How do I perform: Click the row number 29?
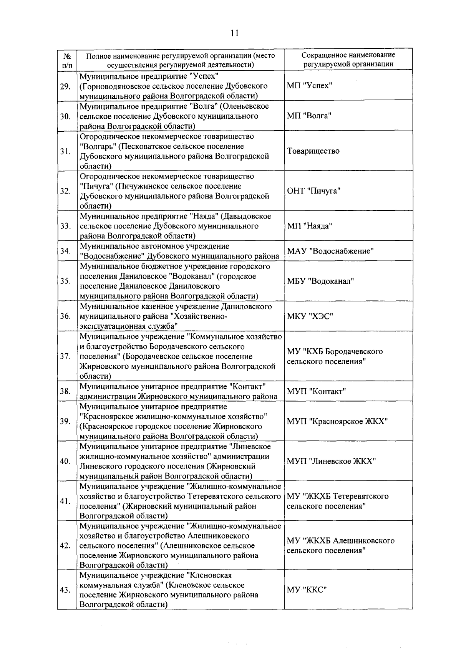[x=65, y=86]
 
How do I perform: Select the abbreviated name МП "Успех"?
[x=309, y=85]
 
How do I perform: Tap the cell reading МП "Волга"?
[x=309, y=116]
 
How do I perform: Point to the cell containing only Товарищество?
[x=313, y=151]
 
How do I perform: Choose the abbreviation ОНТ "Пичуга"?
[x=313, y=191]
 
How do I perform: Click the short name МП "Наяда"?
[x=309, y=226]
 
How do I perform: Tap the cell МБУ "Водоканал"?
[x=320, y=281]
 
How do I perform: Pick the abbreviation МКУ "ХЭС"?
[x=310, y=316]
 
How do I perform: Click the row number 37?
[x=65, y=356]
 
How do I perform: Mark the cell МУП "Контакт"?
[x=317, y=391]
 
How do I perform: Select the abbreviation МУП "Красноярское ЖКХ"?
[x=337, y=421]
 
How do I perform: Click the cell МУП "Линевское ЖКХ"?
[x=331, y=461]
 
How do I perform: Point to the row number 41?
[x=65, y=501]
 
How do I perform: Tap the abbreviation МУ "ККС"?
[x=307, y=590]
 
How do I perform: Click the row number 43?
[x=65, y=590]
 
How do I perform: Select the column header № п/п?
[x=66, y=60]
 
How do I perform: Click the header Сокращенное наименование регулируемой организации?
[x=348, y=60]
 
